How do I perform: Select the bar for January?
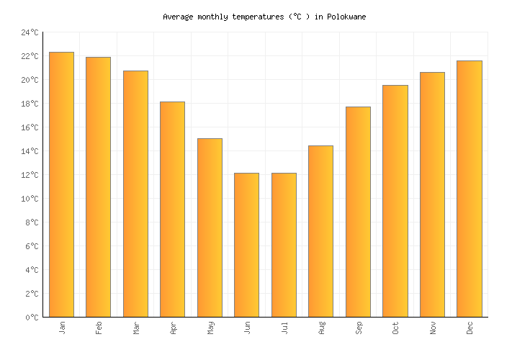point(61,184)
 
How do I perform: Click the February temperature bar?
point(98,187)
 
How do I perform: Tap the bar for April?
point(172,209)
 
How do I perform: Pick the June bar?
point(246,245)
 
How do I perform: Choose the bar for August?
point(320,231)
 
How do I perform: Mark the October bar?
point(395,201)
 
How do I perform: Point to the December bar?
point(469,189)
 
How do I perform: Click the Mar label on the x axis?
point(135,328)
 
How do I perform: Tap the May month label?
point(210,328)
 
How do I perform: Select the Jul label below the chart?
point(284,328)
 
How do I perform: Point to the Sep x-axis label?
point(358,328)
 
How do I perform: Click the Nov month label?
point(432,328)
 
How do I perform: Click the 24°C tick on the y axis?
point(30,32)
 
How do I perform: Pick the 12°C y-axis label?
point(30,175)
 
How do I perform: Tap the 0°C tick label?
point(32,318)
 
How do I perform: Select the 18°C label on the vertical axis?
point(30,104)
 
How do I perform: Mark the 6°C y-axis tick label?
point(32,246)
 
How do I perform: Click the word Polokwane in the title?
point(346,17)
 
